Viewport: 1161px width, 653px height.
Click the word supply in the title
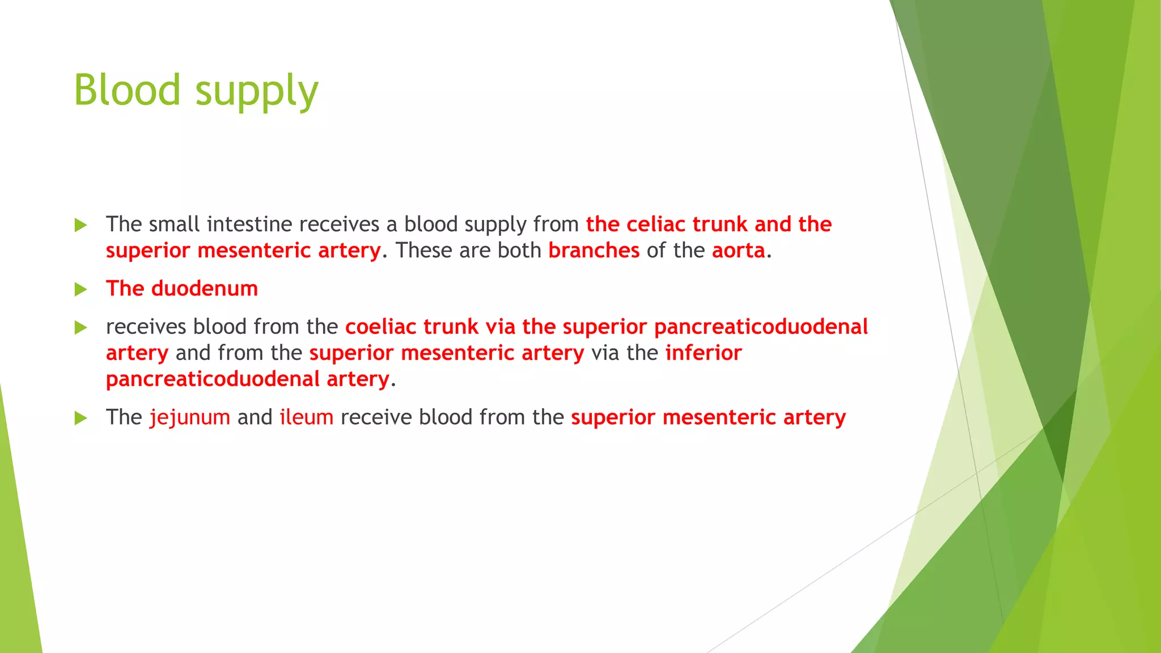[x=257, y=91]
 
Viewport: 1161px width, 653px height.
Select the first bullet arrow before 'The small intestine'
[x=80, y=225]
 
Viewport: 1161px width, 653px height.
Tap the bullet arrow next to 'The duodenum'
[x=80, y=290]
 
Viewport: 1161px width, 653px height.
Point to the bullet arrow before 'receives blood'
[x=80, y=328]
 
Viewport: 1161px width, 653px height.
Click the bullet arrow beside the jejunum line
[x=80, y=418]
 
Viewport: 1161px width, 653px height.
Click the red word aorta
[x=738, y=251]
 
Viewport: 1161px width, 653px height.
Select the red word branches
[x=594, y=251]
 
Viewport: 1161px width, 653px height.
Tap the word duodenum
[x=205, y=289]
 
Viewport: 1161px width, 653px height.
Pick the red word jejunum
[x=190, y=418]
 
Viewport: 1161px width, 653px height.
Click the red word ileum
[x=307, y=418]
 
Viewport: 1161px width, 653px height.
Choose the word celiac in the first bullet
[x=656, y=224]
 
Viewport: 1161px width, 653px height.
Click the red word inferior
[x=704, y=353]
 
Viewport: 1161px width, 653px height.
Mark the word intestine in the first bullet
[x=249, y=224]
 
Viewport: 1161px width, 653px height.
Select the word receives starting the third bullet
[x=146, y=327]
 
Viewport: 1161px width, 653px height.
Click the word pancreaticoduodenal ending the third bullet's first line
[x=761, y=327]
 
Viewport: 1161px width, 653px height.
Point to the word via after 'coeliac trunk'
[x=500, y=327]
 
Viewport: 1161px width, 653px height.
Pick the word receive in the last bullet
[x=376, y=418]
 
